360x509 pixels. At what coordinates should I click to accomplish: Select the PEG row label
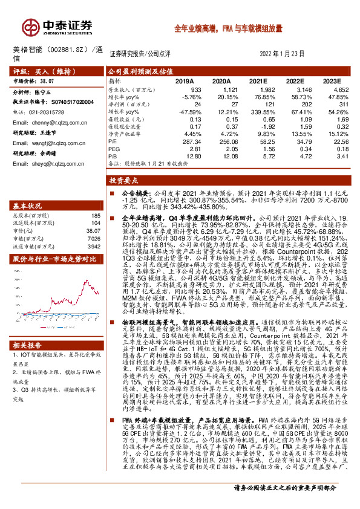(x=114, y=149)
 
